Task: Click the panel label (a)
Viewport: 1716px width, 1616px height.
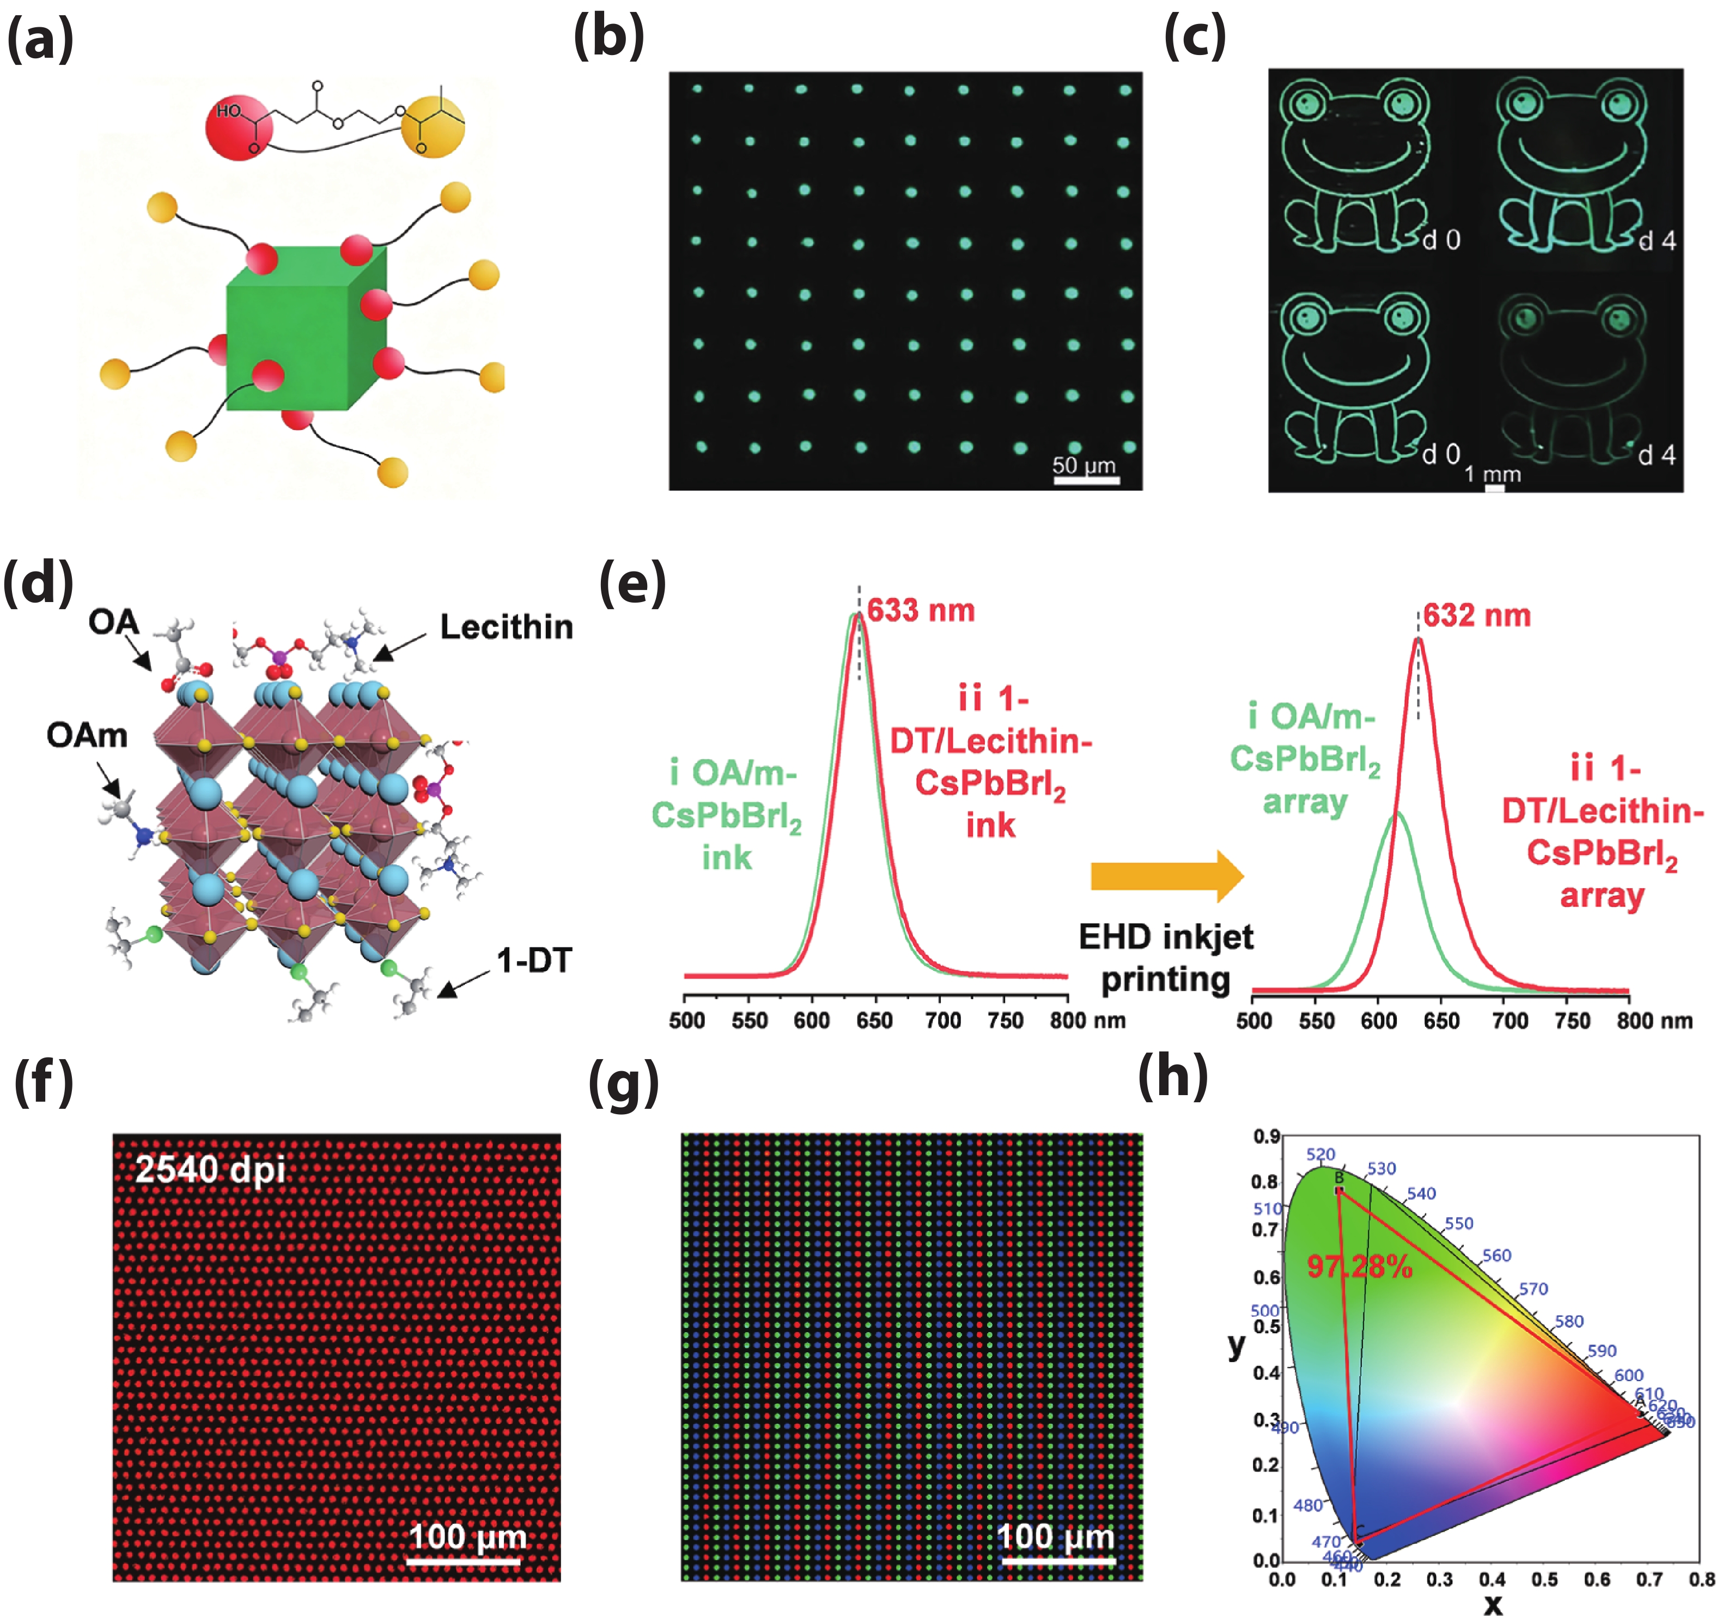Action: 40,39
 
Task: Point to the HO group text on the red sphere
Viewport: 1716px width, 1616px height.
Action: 229,111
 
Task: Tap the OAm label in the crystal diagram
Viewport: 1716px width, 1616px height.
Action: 87,736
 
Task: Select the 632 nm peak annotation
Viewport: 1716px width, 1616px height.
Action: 1477,616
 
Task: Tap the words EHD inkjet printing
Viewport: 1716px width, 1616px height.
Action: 1166,958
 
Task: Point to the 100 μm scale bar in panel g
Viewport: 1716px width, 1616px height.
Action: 1057,1561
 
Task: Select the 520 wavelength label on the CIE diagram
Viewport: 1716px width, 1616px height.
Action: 1321,1154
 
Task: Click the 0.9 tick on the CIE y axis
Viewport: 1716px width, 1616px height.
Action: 1266,1136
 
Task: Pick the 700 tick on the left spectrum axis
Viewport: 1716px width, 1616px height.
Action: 942,1020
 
